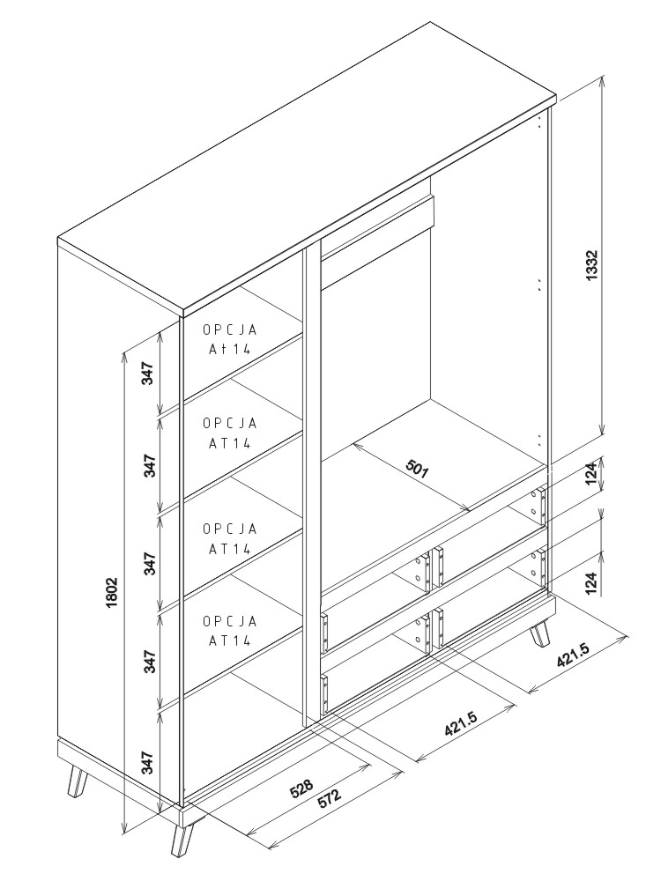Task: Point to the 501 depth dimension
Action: click(x=417, y=468)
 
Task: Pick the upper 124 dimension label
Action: click(x=591, y=477)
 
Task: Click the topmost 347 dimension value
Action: click(x=150, y=374)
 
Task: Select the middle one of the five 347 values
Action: click(x=150, y=564)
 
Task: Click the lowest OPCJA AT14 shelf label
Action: click(x=230, y=630)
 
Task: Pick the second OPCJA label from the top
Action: click(x=230, y=433)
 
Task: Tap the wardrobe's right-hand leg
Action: click(x=539, y=635)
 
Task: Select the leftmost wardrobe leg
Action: click(x=77, y=782)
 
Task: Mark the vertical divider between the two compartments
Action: click(x=309, y=485)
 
